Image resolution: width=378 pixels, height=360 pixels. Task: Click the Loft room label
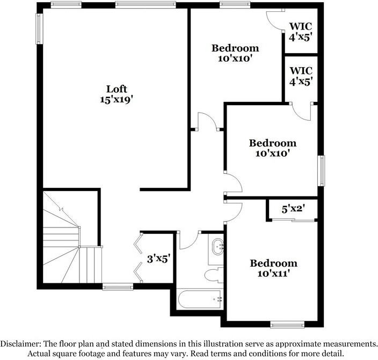click(x=117, y=89)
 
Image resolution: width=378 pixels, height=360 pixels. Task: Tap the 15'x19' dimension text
click(x=117, y=99)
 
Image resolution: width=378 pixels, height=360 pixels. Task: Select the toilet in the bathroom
click(x=214, y=275)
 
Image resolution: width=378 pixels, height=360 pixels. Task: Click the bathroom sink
click(x=218, y=247)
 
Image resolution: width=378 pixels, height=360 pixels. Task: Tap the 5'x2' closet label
click(x=293, y=209)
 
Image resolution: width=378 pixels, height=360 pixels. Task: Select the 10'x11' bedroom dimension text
click(x=273, y=273)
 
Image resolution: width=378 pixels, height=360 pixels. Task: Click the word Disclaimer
click(x=25, y=343)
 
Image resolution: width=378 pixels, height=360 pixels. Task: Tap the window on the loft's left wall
click(x=39, y=28)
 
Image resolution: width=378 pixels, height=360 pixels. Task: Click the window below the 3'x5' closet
click(x=118, y=287)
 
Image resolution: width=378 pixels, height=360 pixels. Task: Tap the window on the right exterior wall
click(x=321, y=171)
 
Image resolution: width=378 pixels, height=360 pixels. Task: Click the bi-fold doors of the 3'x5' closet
click(x=139, y=258)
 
